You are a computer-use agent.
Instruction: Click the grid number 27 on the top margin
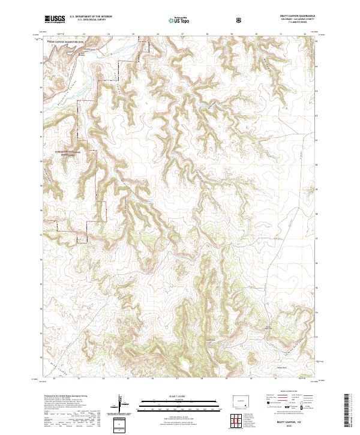182,35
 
